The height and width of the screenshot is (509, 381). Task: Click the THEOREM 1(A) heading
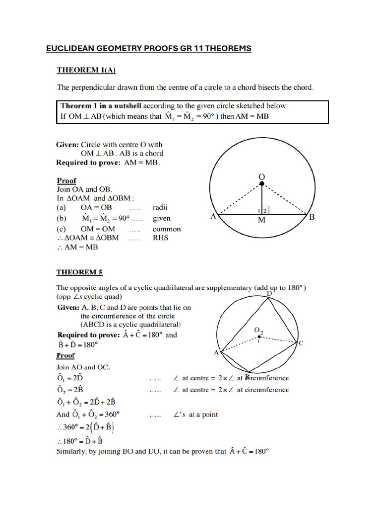click(86, 70)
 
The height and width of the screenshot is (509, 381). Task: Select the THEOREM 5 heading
click(79, 272)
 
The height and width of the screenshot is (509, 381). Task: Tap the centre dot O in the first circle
click(261, 184)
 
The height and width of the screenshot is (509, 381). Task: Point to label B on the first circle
click(312, 217)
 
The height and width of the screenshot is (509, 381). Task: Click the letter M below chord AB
click(261, 221)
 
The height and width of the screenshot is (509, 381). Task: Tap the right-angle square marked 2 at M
click(266, 211)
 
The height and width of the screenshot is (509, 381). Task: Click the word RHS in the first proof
click(160, 238)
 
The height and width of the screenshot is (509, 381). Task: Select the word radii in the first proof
click(161, 207)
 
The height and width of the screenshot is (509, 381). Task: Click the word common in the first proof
click(167, 229)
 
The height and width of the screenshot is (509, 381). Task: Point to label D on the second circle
click(269, 294)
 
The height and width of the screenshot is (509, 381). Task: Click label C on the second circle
click(301, 343)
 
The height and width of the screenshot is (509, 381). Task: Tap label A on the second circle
click(216, 352)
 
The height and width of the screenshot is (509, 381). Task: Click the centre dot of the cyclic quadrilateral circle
click(258, 337)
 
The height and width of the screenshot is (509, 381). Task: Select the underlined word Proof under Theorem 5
click(65, 355)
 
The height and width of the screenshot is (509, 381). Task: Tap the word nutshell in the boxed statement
click(119, 106)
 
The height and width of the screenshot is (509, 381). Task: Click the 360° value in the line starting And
click(110, 414)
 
